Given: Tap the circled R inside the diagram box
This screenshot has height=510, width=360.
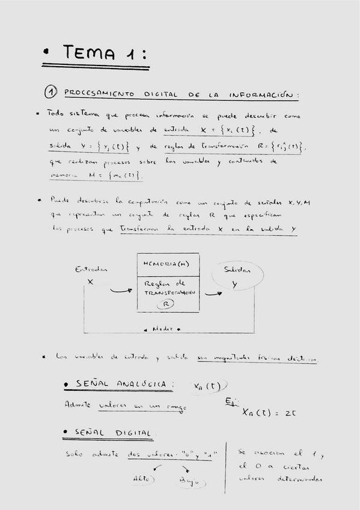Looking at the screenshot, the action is coord(169,304).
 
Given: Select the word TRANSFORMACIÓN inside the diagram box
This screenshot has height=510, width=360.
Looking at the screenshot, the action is coord(168,293).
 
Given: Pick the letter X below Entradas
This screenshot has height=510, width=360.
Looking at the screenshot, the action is coord(91,281).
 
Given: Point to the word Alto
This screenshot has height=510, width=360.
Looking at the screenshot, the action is coord(144,479).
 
